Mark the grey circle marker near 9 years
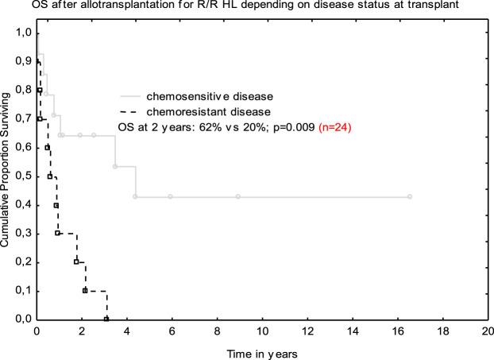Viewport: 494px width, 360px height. click(237, 196)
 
